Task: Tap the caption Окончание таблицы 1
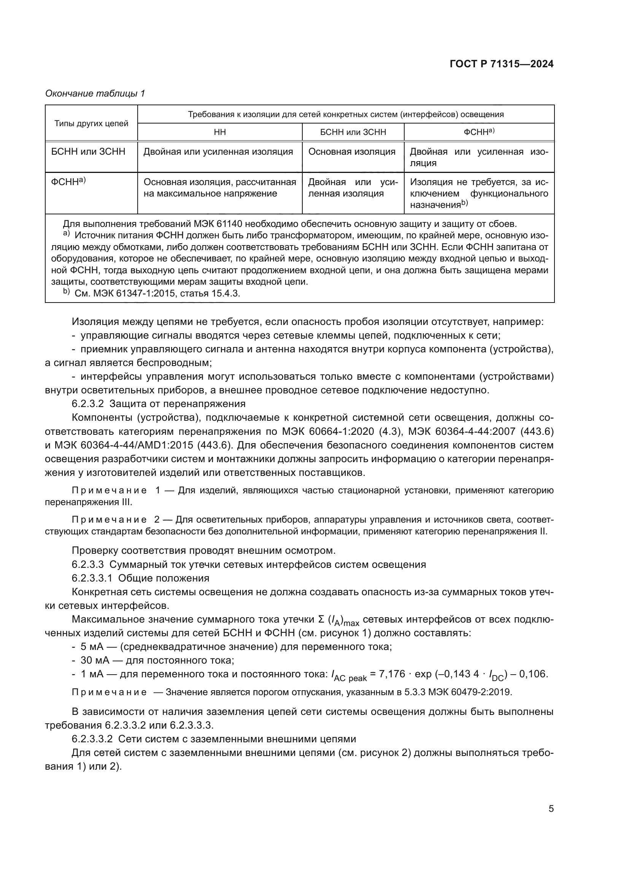click(95, 93)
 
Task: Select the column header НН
click(219, 132)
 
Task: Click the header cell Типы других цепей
click(91, 124)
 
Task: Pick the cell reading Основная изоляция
click(352, 152)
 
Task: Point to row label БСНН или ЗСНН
click(88, 152)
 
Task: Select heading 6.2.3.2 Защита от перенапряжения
click(159, 404)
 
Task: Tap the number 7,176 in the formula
click(392, 674)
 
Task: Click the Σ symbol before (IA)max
click(321, 619)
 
